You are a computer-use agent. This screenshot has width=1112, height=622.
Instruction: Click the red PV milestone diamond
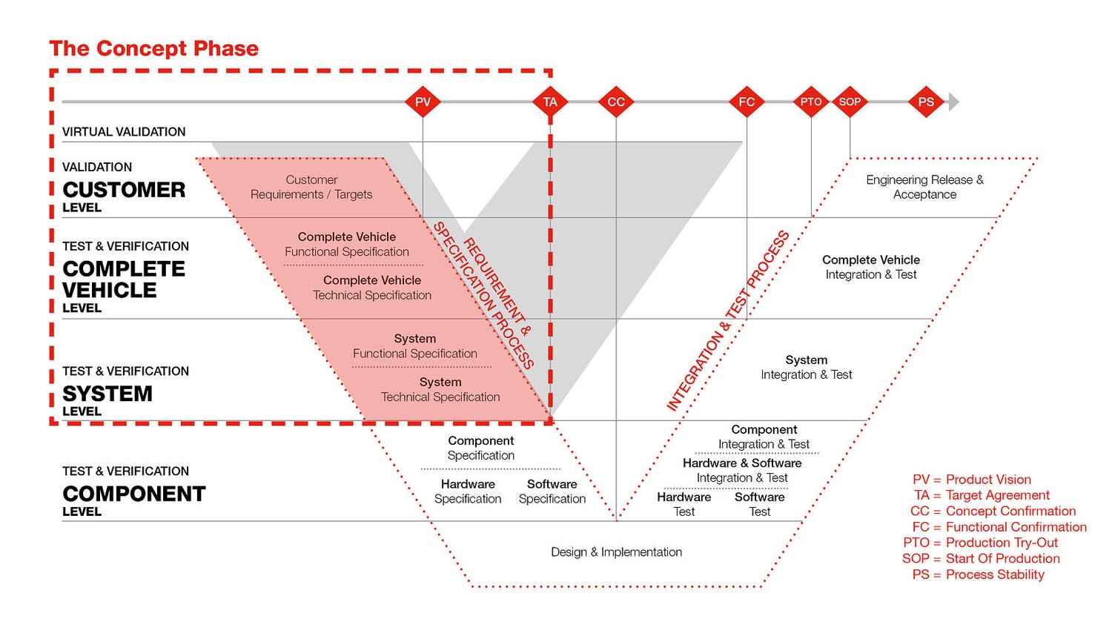pos(423,102)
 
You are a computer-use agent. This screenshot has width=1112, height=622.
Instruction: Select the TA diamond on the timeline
pos(550,102)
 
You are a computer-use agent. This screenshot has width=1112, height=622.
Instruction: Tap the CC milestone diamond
pos(616,102)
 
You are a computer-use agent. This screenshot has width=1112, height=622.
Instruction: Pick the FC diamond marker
pos(747,102)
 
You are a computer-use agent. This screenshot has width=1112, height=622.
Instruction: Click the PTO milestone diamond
pos(811,102)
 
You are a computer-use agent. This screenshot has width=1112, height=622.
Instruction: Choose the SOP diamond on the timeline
pos(850,102)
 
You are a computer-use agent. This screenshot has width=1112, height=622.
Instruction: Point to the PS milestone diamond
pos(926,102)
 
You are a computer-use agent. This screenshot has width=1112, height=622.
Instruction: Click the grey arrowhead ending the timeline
pos(953,102)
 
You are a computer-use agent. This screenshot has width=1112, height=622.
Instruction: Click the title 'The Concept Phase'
pos(154,49)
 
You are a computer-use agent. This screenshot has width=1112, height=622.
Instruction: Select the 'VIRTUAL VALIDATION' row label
pos(124,132)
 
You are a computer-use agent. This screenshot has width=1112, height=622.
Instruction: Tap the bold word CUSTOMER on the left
pos(124,190)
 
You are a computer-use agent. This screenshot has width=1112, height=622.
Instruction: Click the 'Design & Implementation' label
pos(616,552)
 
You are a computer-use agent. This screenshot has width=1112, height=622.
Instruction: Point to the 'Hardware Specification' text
pos(468,492)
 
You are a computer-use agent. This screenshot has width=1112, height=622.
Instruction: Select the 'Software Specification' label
pos(552,492)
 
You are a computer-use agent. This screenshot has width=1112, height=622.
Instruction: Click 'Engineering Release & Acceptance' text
pos(924,187)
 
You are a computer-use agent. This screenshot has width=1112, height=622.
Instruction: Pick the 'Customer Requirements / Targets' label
pos(311,187)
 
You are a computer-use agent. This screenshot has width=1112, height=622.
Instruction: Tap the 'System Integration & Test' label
pos(807,367)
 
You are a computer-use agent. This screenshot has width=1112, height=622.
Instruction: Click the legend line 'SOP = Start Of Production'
pos(981,558)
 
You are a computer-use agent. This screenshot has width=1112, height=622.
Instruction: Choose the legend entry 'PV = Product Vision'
pos(972,480)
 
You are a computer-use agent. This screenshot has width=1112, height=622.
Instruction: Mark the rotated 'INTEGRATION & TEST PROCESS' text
pos(728,321)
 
